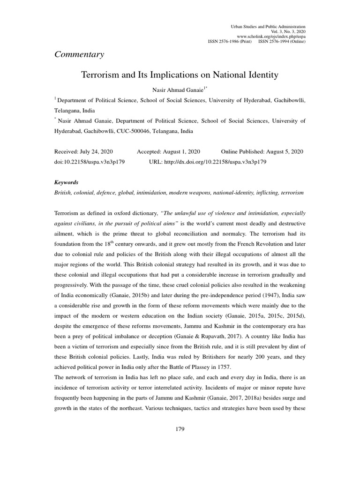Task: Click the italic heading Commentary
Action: (x=79, y=54)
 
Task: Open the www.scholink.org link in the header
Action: (x=271, y=36)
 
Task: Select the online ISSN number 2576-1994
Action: (x=274, y=41)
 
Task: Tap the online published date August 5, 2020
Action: (x=285, y=151)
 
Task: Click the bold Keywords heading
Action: (x=67, y=182)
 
